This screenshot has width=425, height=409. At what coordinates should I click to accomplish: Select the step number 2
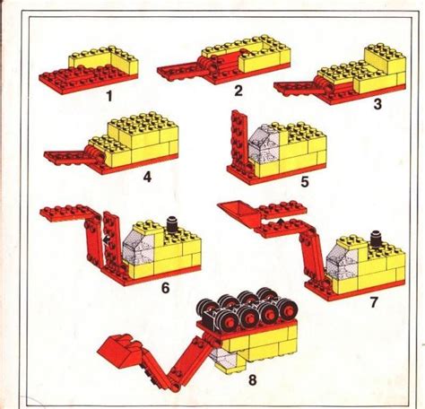coord(238,91)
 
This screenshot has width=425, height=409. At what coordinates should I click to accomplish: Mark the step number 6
coord(165,287)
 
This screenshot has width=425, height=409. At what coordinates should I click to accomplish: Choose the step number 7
coord(374,302)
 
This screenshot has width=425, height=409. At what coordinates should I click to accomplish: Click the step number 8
coord(253,379)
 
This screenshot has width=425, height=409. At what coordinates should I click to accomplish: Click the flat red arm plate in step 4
coord(70,157)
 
